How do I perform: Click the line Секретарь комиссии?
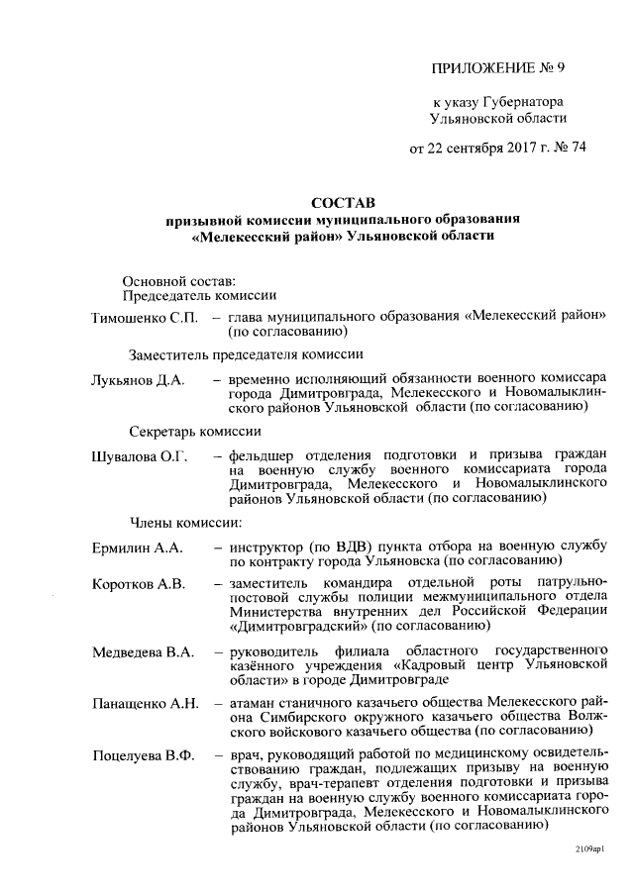click(195, 431)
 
